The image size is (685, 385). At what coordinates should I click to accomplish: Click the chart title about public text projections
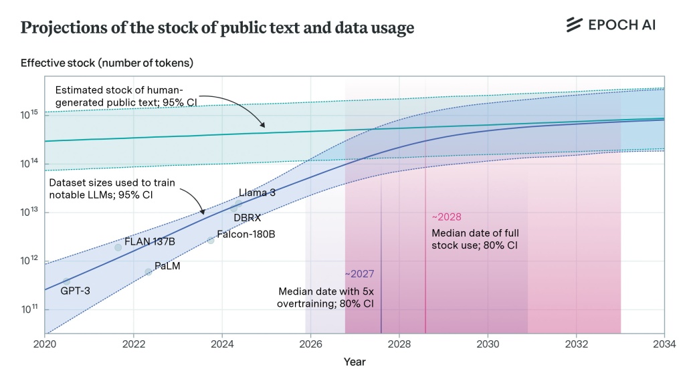[217, 27]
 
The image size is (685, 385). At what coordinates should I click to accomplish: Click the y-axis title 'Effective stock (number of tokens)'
[107, 63]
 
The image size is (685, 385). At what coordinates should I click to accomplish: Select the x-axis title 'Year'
[355, 362]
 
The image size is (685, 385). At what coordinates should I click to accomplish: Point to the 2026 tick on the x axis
[310, 344]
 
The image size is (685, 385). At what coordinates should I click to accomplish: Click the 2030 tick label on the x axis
[488, 344]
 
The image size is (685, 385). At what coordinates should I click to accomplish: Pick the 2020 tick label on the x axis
[45, 344]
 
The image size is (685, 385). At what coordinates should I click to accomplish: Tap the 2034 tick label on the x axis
[664, 344]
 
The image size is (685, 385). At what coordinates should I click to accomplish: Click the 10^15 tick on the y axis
[30, 115]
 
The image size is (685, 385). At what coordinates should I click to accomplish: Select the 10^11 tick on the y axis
[30, 309]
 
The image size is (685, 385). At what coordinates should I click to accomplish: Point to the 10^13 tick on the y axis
[30, 213]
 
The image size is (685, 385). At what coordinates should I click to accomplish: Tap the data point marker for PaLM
[149, 272]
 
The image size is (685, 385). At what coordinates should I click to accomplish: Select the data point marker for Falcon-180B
[211, 240]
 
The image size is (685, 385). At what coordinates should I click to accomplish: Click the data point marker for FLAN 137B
[118, 247]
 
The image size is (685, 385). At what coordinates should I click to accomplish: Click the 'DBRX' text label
[247, 218]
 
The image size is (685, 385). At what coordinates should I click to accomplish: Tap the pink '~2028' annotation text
[446, 217]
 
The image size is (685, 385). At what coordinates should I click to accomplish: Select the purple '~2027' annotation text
[359, 274]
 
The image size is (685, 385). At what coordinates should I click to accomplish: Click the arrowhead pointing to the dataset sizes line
[203, 213]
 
